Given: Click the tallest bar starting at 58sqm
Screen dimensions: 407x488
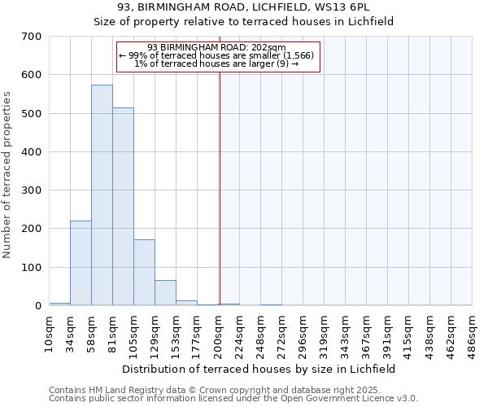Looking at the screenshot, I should [x=102, y=195].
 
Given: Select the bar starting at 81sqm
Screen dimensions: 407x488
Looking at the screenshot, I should [x=123, y=207].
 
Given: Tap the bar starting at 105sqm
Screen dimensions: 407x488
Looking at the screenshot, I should [x=144, y=273].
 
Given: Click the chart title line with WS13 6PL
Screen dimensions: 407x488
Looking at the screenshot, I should [x=243, y=7].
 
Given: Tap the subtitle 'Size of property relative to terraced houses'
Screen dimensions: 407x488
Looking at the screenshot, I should [x=243, y=21].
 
